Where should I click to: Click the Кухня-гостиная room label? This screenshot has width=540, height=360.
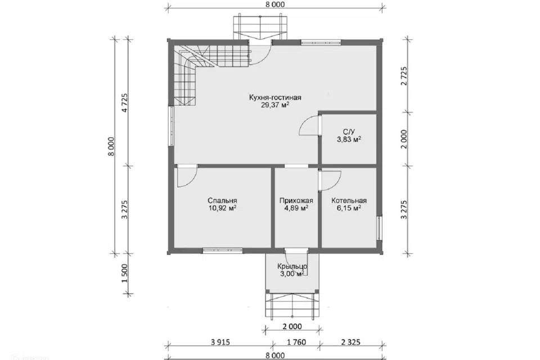tap(275, 97)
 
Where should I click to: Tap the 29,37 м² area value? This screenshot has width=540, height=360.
tap(275, 105)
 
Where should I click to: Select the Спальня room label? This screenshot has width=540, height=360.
tap(222, 200)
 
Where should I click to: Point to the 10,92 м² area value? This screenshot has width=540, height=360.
tap(222, 208)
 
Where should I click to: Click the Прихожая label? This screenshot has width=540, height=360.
tap(296, 200)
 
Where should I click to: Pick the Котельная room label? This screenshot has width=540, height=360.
tap(349, 200)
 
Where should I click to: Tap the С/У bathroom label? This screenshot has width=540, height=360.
tap(349, 132)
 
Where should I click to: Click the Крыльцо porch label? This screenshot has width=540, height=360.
tap(292, 266)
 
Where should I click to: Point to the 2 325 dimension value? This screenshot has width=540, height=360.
tap(350, 342)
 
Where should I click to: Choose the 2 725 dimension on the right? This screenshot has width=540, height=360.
tap(404, 76)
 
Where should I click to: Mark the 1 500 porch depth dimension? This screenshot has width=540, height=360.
tap(124, 273)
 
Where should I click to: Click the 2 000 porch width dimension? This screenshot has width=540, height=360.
tap(292, 326)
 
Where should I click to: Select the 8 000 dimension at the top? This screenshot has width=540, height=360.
tap(275, 4)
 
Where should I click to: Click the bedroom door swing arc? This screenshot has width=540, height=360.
tap(192, 181)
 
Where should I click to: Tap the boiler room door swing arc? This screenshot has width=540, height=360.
tap(336, 183)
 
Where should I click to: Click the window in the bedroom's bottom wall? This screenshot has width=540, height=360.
tap(223, 250)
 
